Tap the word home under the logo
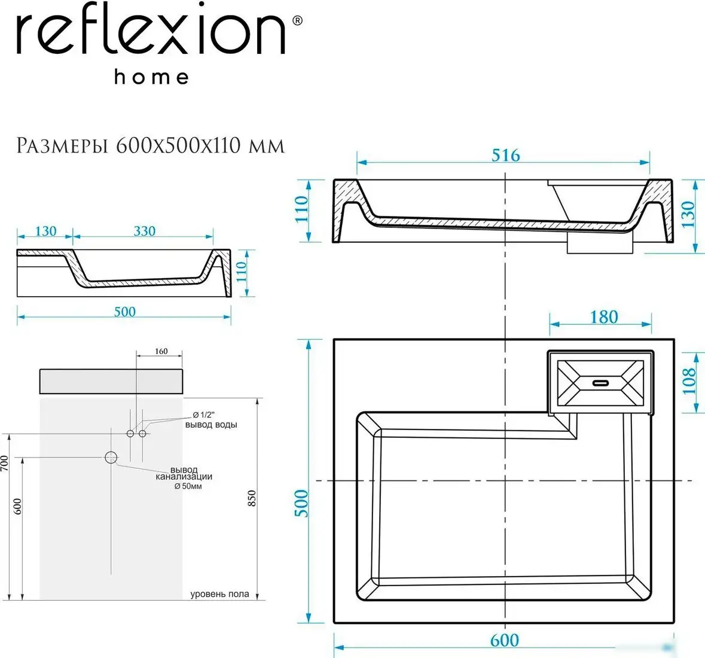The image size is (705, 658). click(152, 77)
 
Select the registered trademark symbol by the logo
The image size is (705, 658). click(297, 20)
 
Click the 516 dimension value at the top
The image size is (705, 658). click(506, 155)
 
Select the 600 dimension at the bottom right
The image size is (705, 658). click(504, 640)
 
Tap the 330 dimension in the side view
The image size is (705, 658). click(144, 231)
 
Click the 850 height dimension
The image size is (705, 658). click(252, 498)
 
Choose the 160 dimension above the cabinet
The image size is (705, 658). click(161, 351)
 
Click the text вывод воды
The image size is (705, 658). click(211, 425)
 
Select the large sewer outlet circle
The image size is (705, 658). click(111, 458)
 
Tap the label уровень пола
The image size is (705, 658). click(219, 594)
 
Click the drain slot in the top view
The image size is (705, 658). click(600, 382)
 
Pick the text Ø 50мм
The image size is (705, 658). click(188, 486)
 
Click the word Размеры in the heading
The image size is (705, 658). click(62, 145)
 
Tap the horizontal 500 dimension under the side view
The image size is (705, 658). click(124, 312)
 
